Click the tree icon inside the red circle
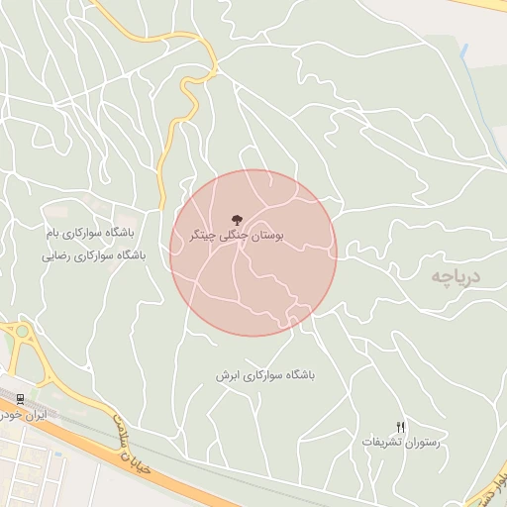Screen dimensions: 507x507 tap(236, 219)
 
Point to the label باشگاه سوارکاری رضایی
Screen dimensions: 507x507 tap(93, 254)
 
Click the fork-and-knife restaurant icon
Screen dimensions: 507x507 tap(400, 426)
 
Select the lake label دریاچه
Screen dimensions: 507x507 tap(455, 275)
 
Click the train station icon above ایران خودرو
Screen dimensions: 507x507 tap(21, 399)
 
